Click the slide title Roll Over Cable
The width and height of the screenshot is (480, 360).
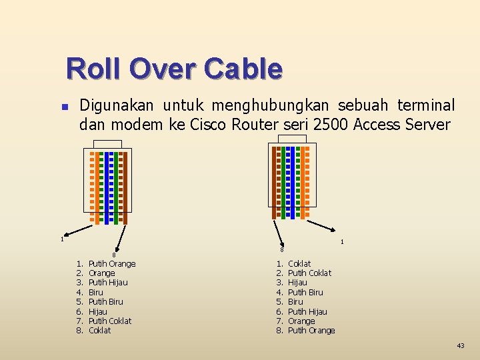pos(174,68)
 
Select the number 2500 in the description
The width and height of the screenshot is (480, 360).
pos(330,124)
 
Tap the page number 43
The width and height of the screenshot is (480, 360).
pos(461,345)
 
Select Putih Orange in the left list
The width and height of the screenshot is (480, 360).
pos(112,264)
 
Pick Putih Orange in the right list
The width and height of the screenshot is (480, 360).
pos(311,331)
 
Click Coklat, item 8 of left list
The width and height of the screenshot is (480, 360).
pos(100,331)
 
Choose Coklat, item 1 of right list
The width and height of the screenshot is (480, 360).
pos(299,264)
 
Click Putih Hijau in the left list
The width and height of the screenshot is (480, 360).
pos(108,283)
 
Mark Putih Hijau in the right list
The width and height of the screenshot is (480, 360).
pos(307,311)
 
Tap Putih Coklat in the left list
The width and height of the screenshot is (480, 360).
pos(110,321)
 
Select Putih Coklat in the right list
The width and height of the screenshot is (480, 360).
pos(309,273)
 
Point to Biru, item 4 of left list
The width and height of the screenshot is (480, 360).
pos(96,292)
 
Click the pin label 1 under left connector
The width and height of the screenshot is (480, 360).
pos(62,239)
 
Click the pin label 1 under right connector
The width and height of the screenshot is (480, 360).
pos(342,242)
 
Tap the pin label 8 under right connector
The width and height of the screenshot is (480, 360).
pos(282,249)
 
